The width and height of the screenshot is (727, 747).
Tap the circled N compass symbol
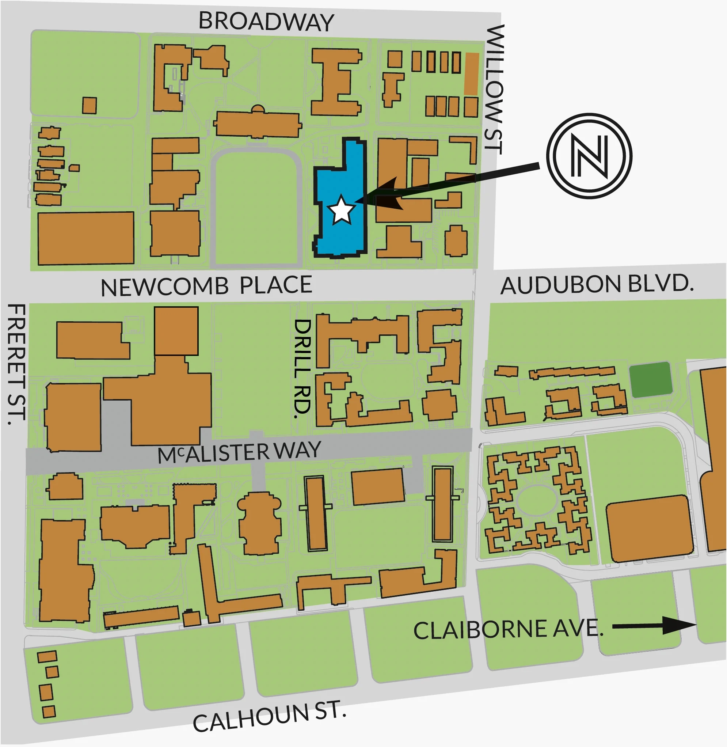pyautogui.click(x=589, y=156)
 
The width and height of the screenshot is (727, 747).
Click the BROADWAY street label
pyautogui.click(x=266, y=22)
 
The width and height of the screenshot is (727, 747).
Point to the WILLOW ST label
pyautogui.click(x=494, y=90)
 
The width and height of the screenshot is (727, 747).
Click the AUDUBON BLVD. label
pyautogui.click(x=597, y=285)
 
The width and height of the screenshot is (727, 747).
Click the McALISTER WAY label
pyautogui.click(x=239, y=452)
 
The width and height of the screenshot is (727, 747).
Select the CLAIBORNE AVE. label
pyautogui.click(x=508, y=630)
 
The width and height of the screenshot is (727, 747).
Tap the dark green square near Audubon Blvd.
pyautogui.click(x=651, y=379)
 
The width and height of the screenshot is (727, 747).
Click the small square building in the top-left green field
pyautogui.click(x=90, y=105)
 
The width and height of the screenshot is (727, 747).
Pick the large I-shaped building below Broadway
pyautogui.click(x=336, y=82)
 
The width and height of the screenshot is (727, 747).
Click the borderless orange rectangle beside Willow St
pyautogui.click(x=472, y=74)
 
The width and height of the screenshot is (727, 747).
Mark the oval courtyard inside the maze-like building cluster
pyautogui.click(x=536, y=500)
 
